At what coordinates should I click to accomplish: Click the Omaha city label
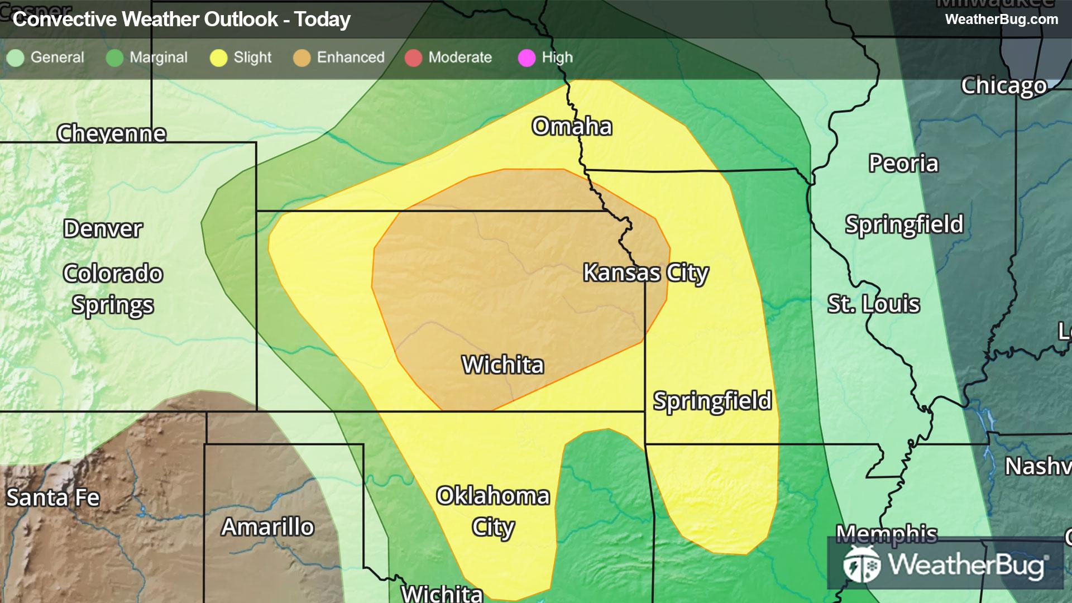pos(572,127)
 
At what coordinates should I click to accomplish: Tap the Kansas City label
pos(645,273)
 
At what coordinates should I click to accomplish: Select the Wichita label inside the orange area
pos(502,365)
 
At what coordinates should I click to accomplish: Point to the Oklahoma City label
pos(492,511)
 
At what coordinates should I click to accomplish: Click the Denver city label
pos(103,229)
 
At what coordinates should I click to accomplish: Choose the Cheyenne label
pos(112,133)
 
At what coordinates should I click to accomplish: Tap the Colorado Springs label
pos(113,289)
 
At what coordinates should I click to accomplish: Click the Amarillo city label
pos(267,527)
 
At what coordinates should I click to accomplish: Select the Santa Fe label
pos(53,497)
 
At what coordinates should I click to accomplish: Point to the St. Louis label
pos(873,304)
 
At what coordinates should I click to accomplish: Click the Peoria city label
pos(903,164)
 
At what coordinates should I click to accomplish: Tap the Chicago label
pos(1003,86)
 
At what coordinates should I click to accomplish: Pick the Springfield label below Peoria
pos(904,224)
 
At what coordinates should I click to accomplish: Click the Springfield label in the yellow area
pos(712,401)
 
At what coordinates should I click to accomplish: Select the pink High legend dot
pos(527,58)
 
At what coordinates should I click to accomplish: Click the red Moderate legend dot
pos(413,58)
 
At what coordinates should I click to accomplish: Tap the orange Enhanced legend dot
pos(302,58)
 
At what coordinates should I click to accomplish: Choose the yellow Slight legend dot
pos(218,58)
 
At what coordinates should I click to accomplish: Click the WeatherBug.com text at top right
pos(1001,20)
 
